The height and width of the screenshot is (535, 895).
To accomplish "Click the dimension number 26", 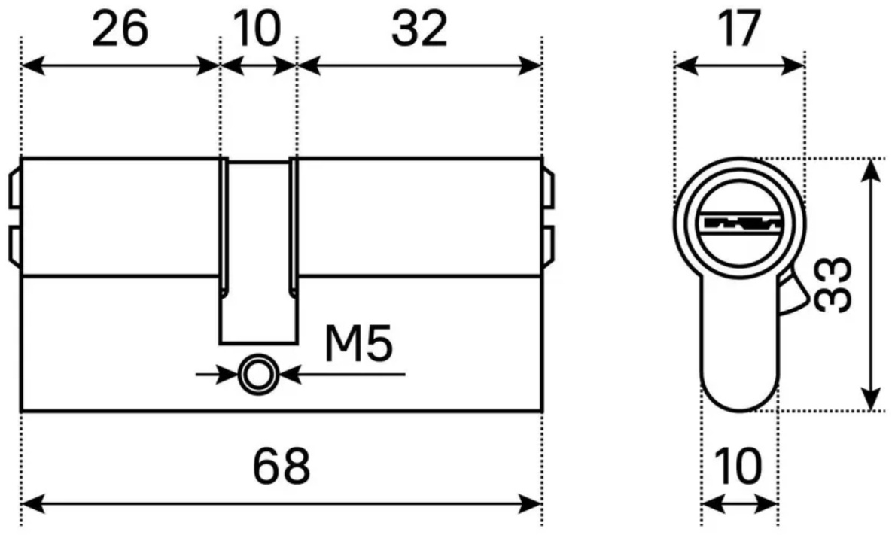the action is (120, 29).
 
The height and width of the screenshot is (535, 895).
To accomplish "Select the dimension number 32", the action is (419, 29).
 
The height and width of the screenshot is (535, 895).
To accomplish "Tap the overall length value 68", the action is (282, 466).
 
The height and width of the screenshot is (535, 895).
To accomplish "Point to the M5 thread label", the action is (358, 344).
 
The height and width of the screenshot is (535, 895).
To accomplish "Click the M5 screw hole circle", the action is (258, 375).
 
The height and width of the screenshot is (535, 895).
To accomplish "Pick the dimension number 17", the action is (740, 29).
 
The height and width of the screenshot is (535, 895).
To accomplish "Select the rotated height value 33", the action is (833, 284).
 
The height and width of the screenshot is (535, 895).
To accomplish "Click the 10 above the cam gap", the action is (258, 29).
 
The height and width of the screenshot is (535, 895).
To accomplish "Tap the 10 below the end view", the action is (738, 466).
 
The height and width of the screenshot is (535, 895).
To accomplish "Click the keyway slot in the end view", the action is (740, 223).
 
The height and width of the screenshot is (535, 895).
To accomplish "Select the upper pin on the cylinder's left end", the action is (15, 189).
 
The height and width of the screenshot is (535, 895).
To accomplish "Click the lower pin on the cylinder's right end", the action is (547, 245).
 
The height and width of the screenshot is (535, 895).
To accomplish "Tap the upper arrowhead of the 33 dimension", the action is (870, 170).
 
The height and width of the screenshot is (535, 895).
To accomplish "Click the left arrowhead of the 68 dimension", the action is (32, 503).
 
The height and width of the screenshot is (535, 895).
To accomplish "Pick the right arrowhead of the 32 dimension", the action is (530, 65).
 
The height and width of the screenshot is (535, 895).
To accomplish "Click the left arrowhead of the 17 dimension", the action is (686, 65).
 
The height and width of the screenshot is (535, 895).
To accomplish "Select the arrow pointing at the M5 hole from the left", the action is (218, 375).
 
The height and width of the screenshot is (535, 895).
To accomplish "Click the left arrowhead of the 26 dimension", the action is (33, 65).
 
